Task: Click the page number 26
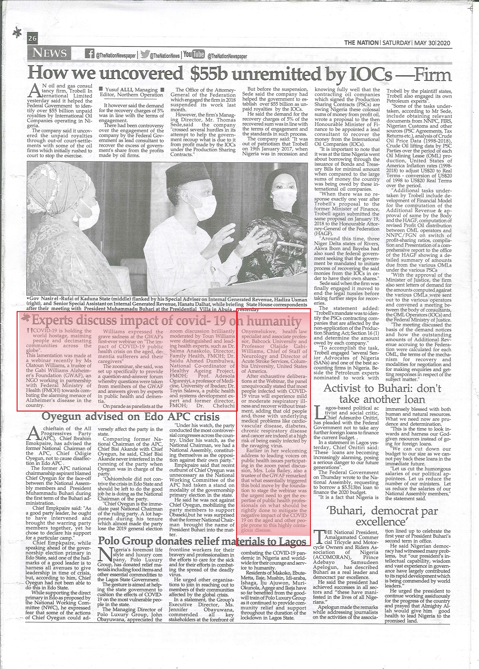[32, 38]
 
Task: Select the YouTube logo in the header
[194, 55]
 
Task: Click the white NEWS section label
[50, 53]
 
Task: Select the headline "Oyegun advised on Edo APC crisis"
[131, 416]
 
